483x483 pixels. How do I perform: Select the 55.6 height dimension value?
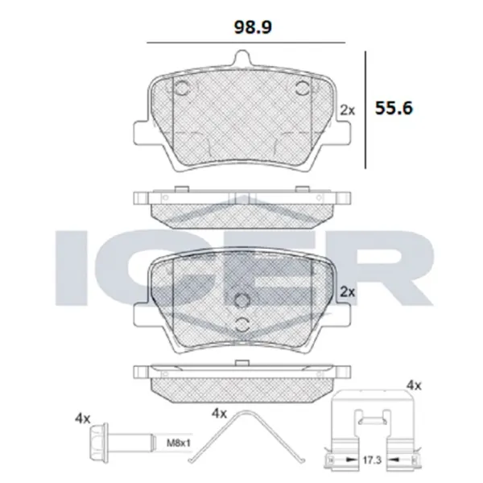394,107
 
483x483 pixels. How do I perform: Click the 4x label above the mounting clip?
415,386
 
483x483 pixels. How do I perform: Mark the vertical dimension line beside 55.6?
366,109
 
